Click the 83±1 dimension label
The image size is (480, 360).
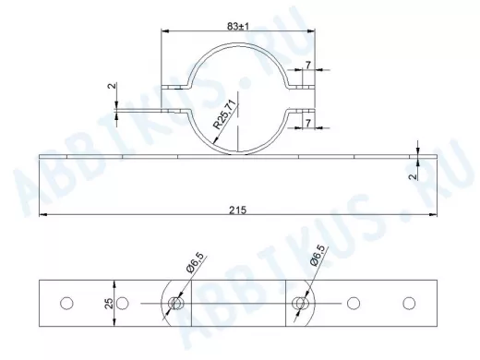238,27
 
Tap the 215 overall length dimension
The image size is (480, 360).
238,210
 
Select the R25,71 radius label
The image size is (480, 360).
226,114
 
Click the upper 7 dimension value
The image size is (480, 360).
308,65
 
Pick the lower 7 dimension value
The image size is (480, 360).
308,123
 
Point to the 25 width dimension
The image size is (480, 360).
109,304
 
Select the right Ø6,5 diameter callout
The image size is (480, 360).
318,256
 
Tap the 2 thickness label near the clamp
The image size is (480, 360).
113,86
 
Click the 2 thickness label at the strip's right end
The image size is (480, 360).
414,176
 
